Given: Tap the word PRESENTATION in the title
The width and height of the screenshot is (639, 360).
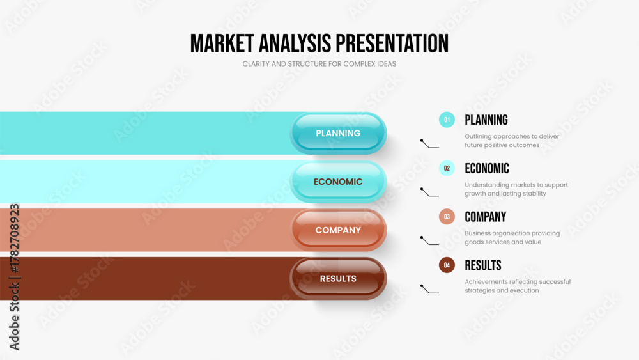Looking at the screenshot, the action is pos(392,43).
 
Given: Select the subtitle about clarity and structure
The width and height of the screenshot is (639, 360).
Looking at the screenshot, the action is pos(319,63).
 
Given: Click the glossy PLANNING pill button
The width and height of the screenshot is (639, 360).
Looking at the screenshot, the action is pos(338,133).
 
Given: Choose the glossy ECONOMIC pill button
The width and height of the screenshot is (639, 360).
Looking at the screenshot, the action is pos(338,182).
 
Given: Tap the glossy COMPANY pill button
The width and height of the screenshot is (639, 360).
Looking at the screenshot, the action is pos(338,230).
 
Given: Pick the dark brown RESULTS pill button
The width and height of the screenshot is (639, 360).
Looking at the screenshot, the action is pos(338,278).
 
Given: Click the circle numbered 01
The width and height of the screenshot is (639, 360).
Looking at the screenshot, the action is pos(447,120).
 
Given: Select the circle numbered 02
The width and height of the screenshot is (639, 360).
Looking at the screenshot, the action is pos(447,168).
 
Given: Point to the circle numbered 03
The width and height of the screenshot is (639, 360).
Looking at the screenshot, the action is pos(447,217).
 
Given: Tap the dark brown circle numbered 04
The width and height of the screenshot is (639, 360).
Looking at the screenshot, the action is pos(447,265).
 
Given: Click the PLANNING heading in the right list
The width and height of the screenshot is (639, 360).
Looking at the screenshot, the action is pos(486,120).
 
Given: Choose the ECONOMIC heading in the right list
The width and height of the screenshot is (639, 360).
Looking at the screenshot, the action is pos(487,168).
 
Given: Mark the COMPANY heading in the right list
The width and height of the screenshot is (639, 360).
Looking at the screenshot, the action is pos(486,217).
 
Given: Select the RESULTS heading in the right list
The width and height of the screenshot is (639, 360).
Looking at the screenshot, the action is pos(483,265).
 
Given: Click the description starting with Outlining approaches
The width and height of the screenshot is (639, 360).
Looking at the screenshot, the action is pos(512,141).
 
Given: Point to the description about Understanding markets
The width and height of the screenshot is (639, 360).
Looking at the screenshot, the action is pos(516,189).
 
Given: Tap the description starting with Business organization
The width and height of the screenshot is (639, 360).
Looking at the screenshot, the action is pos(512,238).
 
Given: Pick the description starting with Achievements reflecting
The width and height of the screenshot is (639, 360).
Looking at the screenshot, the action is pos(518,286).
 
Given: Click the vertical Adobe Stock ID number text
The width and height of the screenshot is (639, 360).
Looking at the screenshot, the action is pos(14,238).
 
